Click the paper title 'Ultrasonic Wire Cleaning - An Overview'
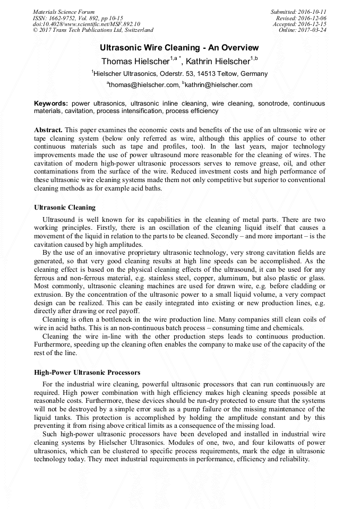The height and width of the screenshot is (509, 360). [179, 47]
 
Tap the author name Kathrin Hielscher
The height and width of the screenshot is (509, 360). [218, 61]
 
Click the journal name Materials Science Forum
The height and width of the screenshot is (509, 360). [64, 11]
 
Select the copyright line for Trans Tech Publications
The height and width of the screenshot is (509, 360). [93, 30]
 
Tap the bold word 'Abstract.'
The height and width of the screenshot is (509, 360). [48, 130]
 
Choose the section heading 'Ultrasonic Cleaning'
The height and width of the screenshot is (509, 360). [65, 207]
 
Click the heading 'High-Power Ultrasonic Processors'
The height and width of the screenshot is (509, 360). [87, 372]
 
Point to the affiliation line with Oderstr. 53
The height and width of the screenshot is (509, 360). [179, 74]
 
